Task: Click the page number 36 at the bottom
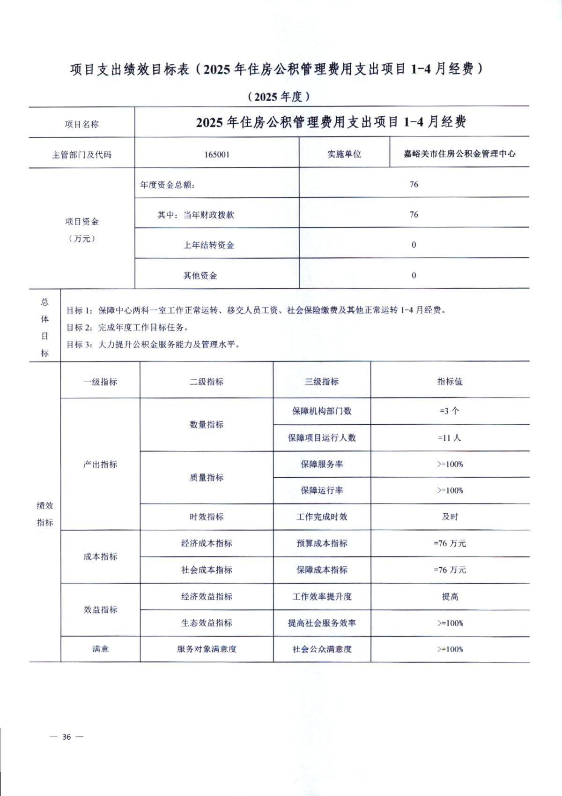click(67, 737)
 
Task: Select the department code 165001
click(217, 154)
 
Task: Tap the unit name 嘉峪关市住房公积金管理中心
click(459, 153)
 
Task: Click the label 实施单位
click(344, 154)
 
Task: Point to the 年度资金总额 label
click(167, 185)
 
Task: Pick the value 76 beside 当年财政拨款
click(414, 215)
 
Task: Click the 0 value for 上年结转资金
click(414, 245)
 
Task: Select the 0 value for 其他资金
click(414, 275)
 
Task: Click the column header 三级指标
click(322, 382)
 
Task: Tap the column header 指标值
click(450, 382)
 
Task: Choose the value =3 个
click(450, 411)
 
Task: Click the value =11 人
click(450, 438)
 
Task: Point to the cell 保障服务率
click(322, 464)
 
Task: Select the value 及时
click(450, 517)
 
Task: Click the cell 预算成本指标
click(322, 543)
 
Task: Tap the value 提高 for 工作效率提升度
click(450, 596)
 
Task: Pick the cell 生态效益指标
click(207, 623)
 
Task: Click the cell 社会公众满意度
click(322, 649)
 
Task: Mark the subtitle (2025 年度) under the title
click(279, 97)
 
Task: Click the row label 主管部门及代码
click(82, 155)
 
